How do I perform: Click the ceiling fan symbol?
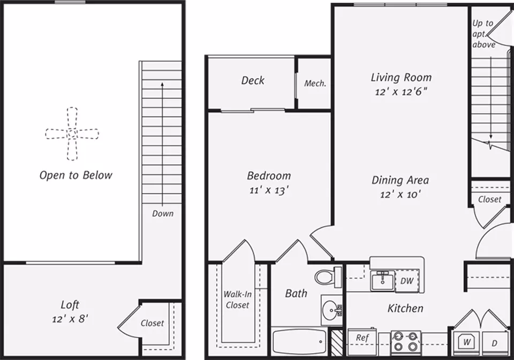(x=72, y=134)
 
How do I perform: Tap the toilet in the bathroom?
(x=328, y=277)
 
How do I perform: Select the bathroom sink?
(x=332, y=309)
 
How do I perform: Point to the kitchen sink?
(x=382, y=281)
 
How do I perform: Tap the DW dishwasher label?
(x=407, y=281)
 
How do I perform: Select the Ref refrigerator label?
(x=362, y=338)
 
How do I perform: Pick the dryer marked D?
(x=495, y=343)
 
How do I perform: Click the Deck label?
(x=253, y=80)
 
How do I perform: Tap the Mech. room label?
(x=315, y=83)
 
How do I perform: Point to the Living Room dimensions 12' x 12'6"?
(x=401, y=91)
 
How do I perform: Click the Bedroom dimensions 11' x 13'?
(x=269, y=190)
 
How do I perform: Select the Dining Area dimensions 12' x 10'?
(x=400, y=194)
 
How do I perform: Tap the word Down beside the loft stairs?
(x=163, y=213)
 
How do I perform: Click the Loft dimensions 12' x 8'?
(x=70, y=318)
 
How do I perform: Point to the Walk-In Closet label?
(x=237, y=300)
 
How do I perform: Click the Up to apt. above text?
(x=483, y=34)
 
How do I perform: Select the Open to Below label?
(x=75, y=175)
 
